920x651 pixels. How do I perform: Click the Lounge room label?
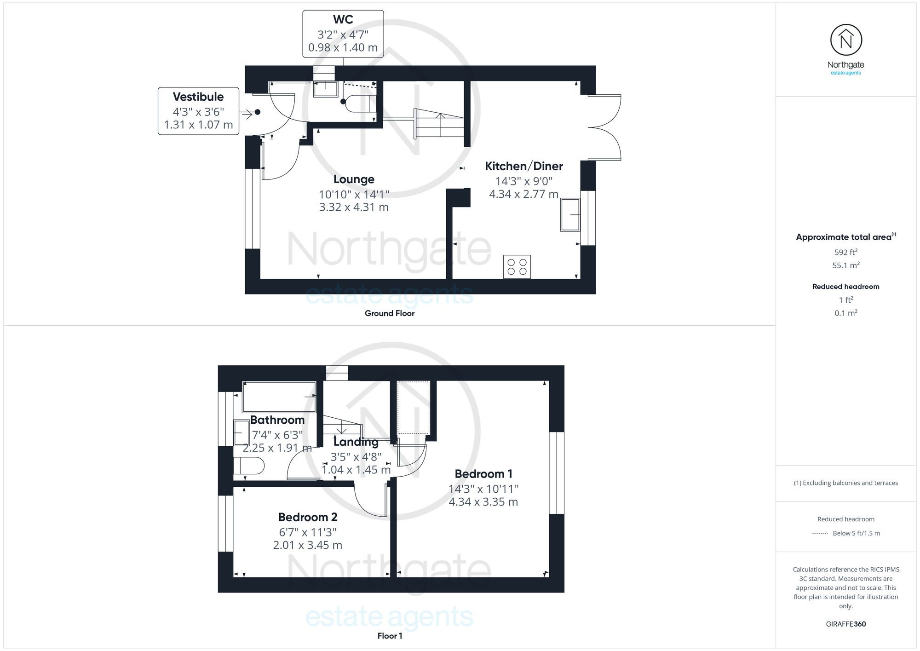[x=354, y=179]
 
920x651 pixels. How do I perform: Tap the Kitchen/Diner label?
[x=523, y=166]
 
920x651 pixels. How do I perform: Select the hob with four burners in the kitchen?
[x=517, y=267]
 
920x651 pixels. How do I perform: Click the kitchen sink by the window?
[x=570, y=214]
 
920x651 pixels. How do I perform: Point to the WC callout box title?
[x=343, y=20]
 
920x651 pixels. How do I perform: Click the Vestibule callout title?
[x=198, y=97]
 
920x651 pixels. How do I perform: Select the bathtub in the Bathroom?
[x=279, y=397]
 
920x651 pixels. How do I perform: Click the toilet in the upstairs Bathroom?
[x=249, y=466]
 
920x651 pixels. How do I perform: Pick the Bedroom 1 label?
[x=483, y=474]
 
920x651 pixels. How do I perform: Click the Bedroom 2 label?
[x=308, y=517]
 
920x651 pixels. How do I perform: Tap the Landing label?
[x=356, y=442]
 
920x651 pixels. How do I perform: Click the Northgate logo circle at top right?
[x=846, y=40]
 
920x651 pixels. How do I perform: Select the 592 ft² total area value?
[x=845, y=252]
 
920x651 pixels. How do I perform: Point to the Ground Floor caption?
[x=390, y=313]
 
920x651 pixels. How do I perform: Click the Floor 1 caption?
[x=390, y=636]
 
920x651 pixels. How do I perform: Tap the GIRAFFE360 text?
[x=845, y=624]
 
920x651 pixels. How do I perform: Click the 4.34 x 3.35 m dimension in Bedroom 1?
[x=483, y=502]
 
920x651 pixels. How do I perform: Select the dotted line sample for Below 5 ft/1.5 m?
[x=820, y=534]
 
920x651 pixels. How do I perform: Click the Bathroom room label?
[x=277, y=420]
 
